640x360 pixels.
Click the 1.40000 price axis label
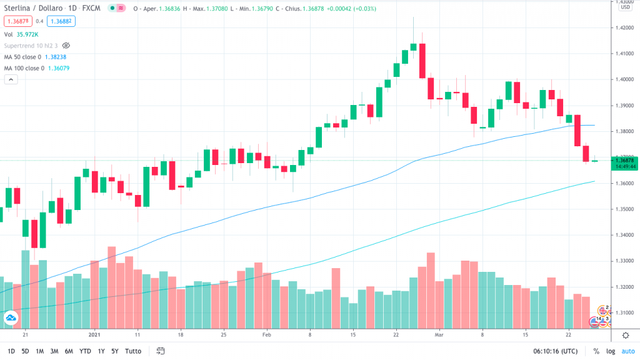pos(626,79)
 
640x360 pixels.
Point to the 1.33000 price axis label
pos(626,261)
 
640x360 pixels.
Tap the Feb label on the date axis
pos(267,335)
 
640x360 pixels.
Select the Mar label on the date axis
pos(439,335)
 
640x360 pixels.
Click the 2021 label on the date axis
pos(96,335)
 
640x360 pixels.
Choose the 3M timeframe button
pos(54,351)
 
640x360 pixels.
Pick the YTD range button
pos(85,351)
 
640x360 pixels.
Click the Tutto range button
pos(132,351)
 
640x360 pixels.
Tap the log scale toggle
pos(610,351)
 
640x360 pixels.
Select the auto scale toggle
pos(627,351)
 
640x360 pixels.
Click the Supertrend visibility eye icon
pos(66,46)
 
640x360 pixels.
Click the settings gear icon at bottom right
pos(626,336)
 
